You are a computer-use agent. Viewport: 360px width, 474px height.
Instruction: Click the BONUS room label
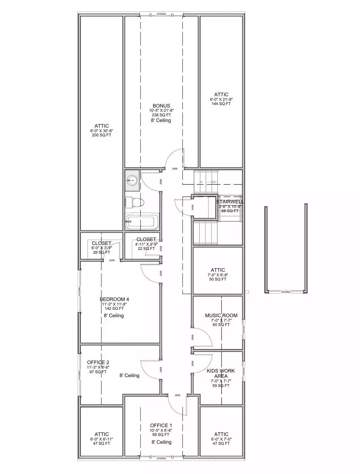(x=161, y=106)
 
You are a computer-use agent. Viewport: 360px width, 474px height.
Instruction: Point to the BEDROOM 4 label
(x=112, y=299)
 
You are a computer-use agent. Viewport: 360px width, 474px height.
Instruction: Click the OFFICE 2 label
(x=98, y=362)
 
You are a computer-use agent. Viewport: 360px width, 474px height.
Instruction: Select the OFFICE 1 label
(x=161, y=425)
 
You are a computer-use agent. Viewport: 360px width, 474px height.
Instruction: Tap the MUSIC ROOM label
(x=221, y=315)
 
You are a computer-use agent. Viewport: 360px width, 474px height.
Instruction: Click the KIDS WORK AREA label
(x=221, y=373)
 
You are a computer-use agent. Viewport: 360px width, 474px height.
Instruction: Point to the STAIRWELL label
(x=230, y=202)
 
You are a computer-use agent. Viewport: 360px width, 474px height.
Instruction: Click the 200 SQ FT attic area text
(x=101, y=135)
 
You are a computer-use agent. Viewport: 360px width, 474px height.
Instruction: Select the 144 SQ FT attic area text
(x=221, y=104)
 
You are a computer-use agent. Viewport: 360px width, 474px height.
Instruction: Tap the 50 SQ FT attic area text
(x=218, y=279)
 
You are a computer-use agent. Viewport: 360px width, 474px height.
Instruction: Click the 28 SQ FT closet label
(x=101, y=252)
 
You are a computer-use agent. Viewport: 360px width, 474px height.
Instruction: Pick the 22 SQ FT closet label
(x=146, y=248)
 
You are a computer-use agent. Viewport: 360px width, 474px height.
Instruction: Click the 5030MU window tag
(x=286, y=292)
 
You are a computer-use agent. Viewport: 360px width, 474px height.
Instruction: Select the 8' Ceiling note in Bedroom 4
(x=114, y=316)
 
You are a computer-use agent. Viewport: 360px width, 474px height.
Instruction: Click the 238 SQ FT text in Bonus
(x=161, y=115)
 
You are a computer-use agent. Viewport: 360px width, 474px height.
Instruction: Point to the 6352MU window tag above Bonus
(x=161, y=14)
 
